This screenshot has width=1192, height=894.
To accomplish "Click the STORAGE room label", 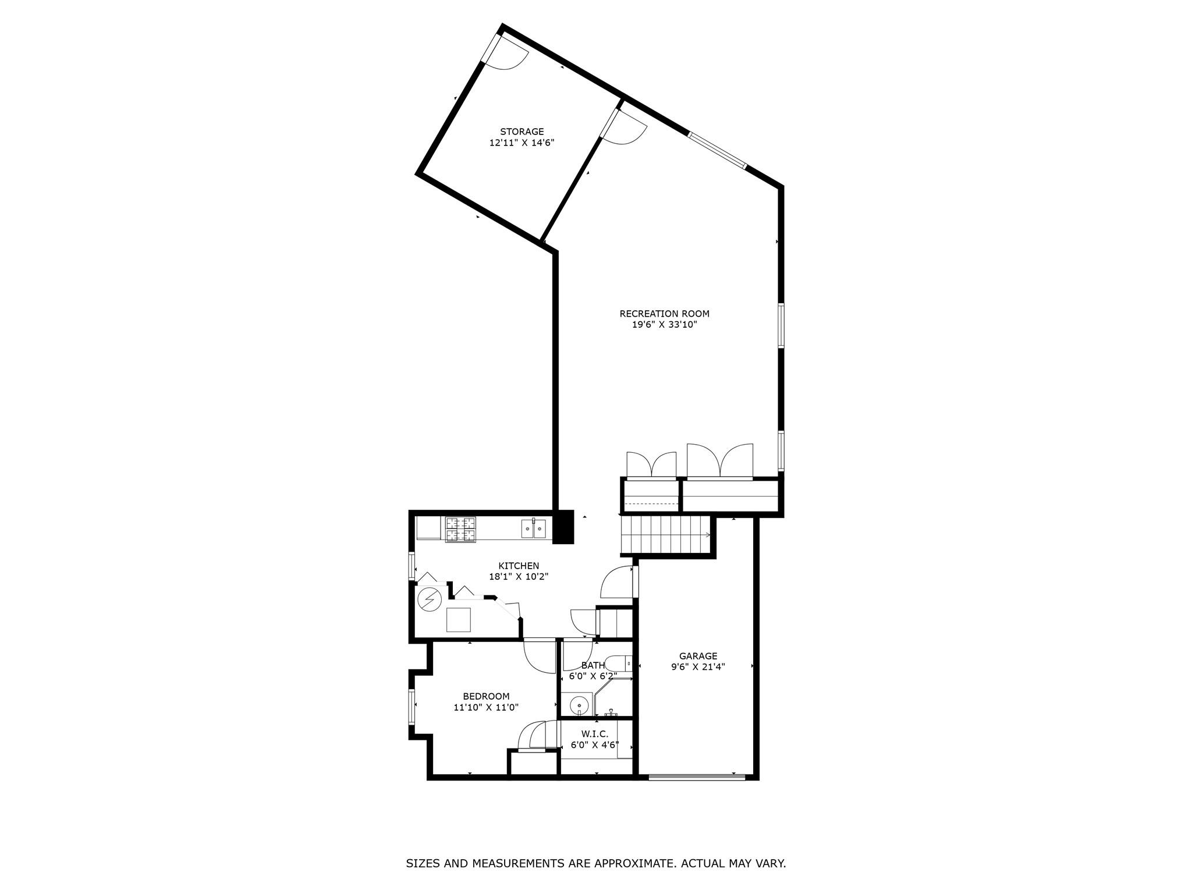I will click(x=521, y=132).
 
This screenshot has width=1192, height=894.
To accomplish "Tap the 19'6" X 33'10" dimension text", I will click(x=664, y=325).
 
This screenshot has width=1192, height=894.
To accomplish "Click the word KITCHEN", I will click(x=519, y=566).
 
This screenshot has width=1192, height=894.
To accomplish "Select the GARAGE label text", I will click(x=698, y=656).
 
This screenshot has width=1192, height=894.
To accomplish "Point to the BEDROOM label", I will click(x=486, y=696).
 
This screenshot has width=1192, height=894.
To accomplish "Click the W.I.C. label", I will click(x=594, y=735).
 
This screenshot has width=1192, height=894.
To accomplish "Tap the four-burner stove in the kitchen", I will click(x=460, y=530).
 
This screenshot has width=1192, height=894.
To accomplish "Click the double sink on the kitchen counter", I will click(x=534, y=528).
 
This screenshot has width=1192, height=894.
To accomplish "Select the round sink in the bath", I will click(x=579, y=706).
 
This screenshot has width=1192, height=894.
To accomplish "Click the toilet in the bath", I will click(x=618, y=663).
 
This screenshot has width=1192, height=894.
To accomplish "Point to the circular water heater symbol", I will click(x=430, y=599).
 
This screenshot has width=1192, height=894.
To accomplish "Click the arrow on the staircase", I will click(x=707, y=535).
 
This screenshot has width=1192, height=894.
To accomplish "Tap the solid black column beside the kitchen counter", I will click(x=563, y=527).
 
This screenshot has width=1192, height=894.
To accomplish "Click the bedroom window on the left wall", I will click(x=411, y=707).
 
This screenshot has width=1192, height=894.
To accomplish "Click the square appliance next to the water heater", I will click(x=458, y=619).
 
